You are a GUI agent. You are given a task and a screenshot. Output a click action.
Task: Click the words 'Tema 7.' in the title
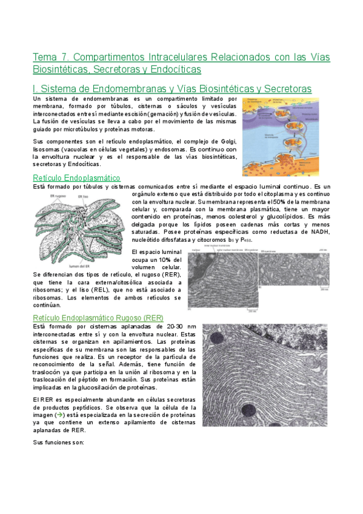[x=51, y=57]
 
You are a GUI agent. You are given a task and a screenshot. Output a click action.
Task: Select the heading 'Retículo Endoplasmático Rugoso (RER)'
[x=98, y=318]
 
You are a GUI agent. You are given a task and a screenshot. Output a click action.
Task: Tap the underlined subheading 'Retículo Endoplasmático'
[x=76, y=178]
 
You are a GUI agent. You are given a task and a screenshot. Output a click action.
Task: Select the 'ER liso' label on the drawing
[x=81, y=196]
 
